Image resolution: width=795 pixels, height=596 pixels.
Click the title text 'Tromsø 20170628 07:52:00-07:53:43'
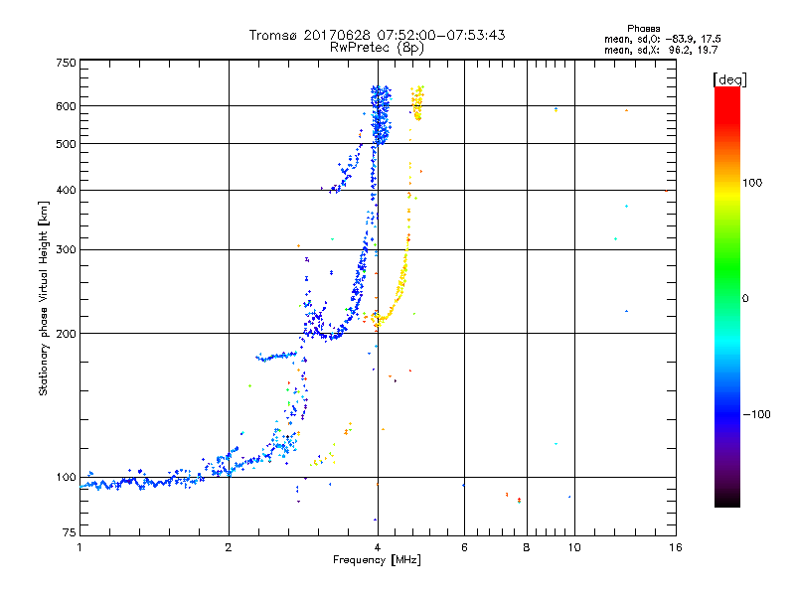[377, 35]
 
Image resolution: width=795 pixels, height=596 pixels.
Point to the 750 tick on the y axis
[66, 62]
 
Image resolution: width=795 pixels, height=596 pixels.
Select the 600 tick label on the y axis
[66, 106]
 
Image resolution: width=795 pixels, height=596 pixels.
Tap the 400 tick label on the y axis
[66, 191]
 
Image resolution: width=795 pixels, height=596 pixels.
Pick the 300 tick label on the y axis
[66, 250]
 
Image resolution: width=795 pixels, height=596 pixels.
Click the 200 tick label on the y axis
[66, 334]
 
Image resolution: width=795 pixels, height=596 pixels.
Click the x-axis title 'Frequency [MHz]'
[377, 561]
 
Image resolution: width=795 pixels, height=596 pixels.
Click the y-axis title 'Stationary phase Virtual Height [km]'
[44, 298]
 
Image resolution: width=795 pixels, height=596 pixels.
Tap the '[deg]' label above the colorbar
[730, 78]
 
